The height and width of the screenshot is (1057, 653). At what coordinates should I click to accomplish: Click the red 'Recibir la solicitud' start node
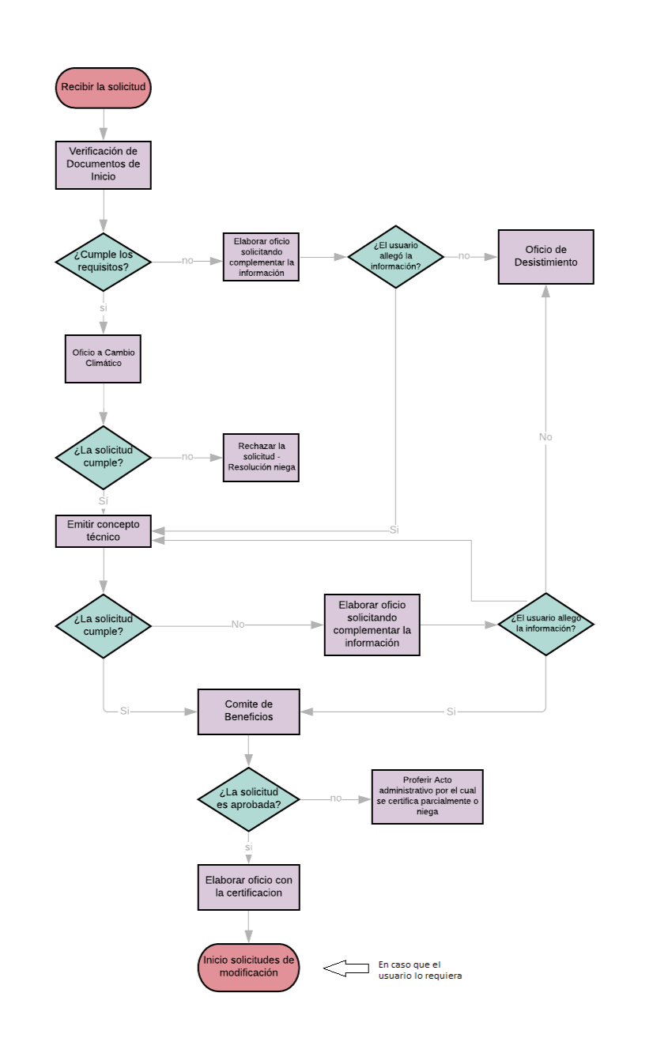point(103,87)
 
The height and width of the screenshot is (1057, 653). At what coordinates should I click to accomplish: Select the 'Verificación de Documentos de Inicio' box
point(103,165)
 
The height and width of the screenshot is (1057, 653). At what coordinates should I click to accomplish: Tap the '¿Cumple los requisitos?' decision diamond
point(103,260)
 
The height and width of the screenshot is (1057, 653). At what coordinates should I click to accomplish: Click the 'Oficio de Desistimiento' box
point(545,256)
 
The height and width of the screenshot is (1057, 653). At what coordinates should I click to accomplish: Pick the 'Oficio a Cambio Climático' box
point(103,358)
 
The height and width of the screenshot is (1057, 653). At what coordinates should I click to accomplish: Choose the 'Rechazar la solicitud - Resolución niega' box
point(261,457)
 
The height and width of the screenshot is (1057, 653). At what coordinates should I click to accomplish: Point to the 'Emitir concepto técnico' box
point(103,530)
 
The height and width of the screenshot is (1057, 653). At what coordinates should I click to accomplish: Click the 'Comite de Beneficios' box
point(248,711)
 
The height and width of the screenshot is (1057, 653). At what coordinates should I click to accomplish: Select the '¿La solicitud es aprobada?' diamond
point(248,798)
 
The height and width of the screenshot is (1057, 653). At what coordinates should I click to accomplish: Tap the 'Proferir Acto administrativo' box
point(427,796)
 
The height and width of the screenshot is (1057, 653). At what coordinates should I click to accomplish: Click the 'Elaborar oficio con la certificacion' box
point(248,887)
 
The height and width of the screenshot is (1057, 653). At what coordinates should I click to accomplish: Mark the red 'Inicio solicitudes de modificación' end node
point(248,967)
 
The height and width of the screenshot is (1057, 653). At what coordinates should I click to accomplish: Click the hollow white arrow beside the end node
point(345,968)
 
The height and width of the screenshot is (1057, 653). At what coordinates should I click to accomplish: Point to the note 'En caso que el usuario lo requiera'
point(419,970)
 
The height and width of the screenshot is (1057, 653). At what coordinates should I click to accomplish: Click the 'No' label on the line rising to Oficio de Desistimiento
point(545,437)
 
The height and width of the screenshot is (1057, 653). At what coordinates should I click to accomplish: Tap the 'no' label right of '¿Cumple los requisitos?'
point(187,260)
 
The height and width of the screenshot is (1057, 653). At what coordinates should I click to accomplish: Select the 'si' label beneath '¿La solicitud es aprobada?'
point(248,847)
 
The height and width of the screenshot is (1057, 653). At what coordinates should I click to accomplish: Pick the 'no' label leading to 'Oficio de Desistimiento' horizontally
point(464,256)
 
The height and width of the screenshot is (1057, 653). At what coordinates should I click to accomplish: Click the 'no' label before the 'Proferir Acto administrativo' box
point(336,798)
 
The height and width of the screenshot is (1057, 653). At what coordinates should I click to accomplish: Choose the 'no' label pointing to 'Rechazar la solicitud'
point(187,457)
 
